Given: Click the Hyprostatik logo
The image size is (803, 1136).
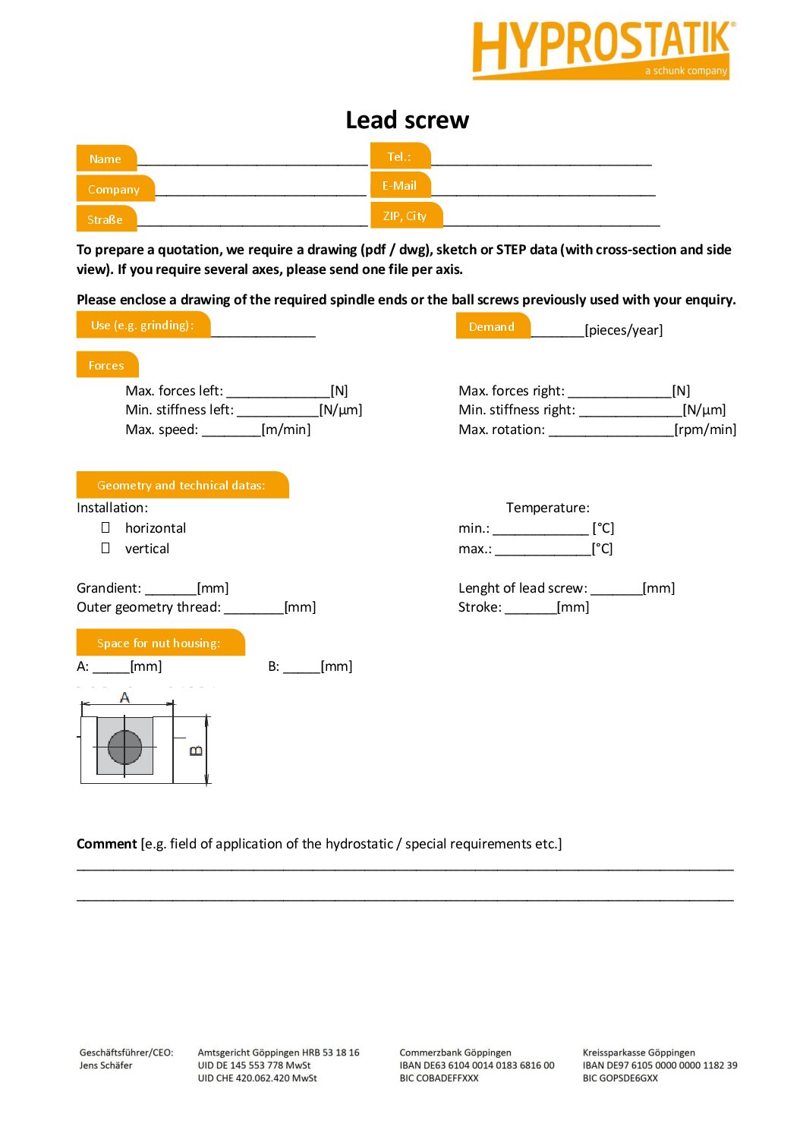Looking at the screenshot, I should (x=602, y=49).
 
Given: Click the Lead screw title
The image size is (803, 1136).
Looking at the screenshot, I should (x=407, y=120).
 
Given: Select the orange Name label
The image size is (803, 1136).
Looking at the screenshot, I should (x=105, y=159).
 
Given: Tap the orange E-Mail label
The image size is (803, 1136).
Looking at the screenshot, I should (x=399, y=186).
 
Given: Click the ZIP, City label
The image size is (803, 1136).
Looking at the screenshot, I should (x=405, y=216).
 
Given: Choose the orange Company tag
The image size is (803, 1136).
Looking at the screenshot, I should (x=114, y=189).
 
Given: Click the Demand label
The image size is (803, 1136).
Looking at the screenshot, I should (x=492, y=326).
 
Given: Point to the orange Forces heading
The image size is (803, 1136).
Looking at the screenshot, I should (x=106, y=365).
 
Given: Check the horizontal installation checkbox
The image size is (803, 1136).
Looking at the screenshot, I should (x=105, y=527).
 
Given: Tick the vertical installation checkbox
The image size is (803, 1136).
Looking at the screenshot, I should (x=105, y=548).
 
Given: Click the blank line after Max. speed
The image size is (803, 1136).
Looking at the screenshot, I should (x=231, y=430).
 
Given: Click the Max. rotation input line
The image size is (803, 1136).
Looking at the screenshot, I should (x=610, y=430).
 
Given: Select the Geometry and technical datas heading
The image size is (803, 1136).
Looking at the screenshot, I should (x=181, y=485).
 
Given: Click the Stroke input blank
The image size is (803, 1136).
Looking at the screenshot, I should (x=530, y=608).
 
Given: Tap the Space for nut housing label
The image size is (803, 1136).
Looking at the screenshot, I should (x=159, y=643).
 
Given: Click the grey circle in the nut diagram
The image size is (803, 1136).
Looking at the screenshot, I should (x=124, y=747).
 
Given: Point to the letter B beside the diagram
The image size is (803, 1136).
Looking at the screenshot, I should (x=196, y=751).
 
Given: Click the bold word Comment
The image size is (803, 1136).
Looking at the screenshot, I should (x=106, y=844).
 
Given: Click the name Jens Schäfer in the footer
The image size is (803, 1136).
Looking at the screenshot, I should (x=105, y=1065).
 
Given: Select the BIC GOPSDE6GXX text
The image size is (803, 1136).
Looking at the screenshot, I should (x=620, y=1078).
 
